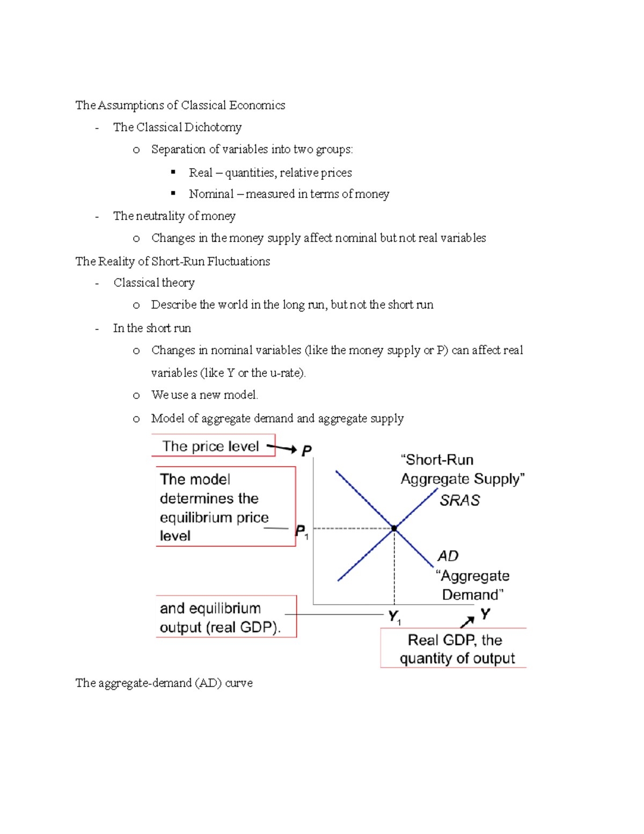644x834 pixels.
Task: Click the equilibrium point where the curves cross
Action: (x=394, y=528)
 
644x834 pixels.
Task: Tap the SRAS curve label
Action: (x=459, y=500)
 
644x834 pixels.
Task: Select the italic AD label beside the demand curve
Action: (x=448, y=556)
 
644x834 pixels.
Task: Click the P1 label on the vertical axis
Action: (x=302, y=532)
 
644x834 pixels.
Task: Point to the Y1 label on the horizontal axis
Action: (x=394, y=617)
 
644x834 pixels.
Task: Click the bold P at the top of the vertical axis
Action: (x=306, y=451)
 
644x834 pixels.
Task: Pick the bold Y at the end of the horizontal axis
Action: (x=485, y=614)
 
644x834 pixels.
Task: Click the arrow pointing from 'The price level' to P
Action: (x=282, y=447)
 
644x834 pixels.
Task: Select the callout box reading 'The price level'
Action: (x=213, y=446)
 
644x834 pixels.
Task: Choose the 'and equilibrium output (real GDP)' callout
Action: (x=226, y=617)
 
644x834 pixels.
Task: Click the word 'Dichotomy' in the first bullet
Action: (x=213, y=127)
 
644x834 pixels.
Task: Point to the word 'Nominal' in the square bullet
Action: (x=211, y=194)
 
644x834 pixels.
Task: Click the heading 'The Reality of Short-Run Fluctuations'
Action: (x=173, y=262)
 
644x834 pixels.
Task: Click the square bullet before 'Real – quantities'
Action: (x=173, y=172)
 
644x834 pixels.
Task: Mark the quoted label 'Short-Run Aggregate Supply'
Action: (x=462, y=469)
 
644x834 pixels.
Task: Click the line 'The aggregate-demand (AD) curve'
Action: (x=164, y=683)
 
